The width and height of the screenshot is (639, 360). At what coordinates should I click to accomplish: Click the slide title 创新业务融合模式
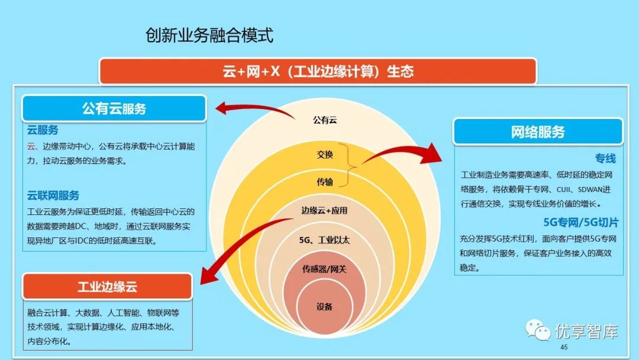209,36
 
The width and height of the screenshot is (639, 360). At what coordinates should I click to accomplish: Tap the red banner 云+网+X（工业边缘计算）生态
318,72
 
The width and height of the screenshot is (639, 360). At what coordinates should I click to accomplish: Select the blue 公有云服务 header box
114,108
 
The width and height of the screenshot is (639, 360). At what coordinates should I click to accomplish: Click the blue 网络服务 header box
538,131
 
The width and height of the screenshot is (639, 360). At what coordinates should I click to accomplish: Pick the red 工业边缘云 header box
107,287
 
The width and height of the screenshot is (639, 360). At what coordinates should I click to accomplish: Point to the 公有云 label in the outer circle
325,120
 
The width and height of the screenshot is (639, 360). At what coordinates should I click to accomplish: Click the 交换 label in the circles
325,155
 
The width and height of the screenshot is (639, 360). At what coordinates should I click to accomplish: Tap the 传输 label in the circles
325,182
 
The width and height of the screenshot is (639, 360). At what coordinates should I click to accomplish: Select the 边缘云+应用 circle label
324,210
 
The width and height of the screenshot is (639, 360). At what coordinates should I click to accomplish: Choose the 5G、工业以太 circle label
324,240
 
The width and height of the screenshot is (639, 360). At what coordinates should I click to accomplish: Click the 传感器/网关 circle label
324,269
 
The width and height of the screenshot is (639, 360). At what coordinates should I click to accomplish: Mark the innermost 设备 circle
324,306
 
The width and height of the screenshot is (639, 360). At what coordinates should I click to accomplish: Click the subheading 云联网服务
53,195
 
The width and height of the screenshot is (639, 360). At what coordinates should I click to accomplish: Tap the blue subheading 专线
605,158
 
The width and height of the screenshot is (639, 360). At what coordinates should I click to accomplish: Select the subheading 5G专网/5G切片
580,223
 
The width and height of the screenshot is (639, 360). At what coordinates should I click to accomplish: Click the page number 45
563,347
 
